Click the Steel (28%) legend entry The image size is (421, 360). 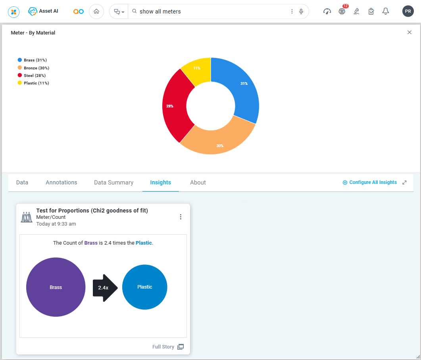[34, 75]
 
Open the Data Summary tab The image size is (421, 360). [113, 182]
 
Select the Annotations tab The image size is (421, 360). [62, 182]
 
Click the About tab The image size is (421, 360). [198, 182]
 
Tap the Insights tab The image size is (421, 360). [160, 182]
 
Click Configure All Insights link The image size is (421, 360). [369, 182]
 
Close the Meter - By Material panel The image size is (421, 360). [409, 33]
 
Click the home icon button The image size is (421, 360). [96, 11]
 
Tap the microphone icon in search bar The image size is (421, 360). [301, 11]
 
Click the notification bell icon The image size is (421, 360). [385, 11]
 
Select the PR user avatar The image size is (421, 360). [408, 11]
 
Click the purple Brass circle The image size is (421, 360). [56, 287]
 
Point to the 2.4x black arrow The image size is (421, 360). [104, 288]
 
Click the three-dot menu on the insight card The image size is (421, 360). [181, 217]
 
